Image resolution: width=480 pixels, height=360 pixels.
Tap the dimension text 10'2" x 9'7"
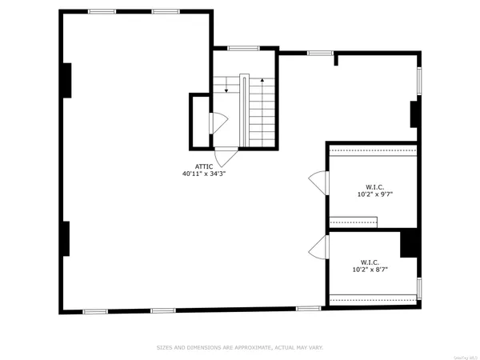click(375, 194)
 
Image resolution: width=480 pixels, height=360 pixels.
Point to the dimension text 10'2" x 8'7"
click(370, 270)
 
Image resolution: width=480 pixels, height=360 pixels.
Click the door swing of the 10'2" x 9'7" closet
click(319, 182)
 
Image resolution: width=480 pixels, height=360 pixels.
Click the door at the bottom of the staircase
click(226, 157)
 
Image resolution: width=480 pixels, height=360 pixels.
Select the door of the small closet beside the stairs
click(217, 123)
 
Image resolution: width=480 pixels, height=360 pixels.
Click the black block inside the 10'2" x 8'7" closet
click(410, 243)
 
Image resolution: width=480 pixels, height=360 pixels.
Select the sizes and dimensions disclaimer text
click(239, 347)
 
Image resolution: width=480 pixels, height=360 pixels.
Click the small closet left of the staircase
click(199, 122)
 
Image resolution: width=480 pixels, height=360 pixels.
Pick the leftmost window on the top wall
click(101, 11)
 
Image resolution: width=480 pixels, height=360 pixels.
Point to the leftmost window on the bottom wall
click(95, 310)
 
